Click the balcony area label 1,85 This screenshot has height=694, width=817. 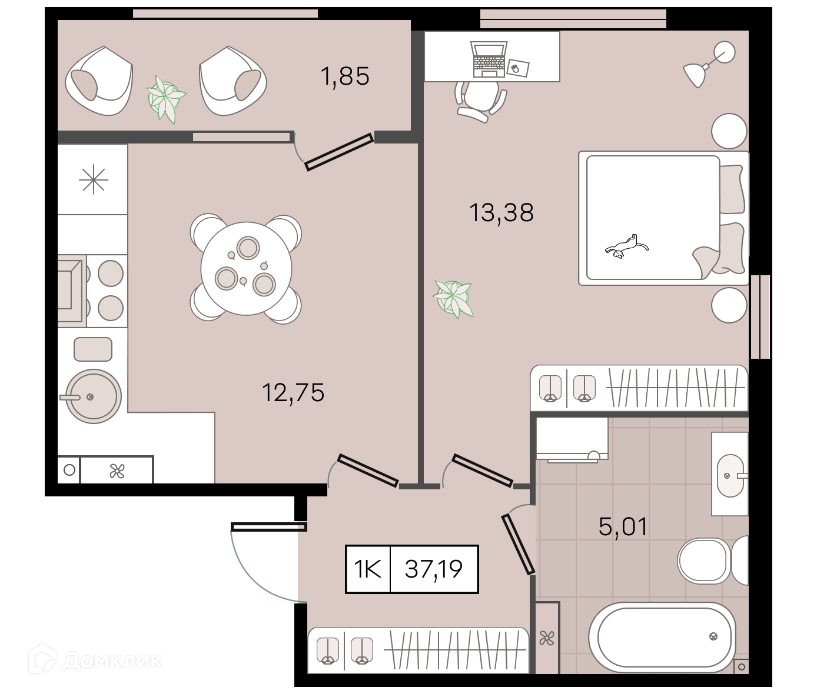point(345,76)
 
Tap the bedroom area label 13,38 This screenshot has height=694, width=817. point(501,212)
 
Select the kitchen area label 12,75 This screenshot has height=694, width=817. point(293,393)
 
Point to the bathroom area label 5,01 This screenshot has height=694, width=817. point(623,526)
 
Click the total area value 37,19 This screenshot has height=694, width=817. point(434,569)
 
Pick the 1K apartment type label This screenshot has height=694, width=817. point(367,569)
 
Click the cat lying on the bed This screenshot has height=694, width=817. point(627,247)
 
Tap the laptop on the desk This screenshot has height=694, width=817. point(489,59)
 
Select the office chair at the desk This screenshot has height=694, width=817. point(480,101)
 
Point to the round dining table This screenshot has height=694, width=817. point(246,268)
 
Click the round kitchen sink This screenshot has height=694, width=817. point(93,396)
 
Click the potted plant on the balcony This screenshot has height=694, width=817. point(165,99)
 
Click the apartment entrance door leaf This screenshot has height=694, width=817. point(269,526)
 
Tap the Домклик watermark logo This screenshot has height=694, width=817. point(95,659)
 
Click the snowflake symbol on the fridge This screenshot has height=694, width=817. point(93,180)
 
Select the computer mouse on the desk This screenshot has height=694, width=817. point(514,69)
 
